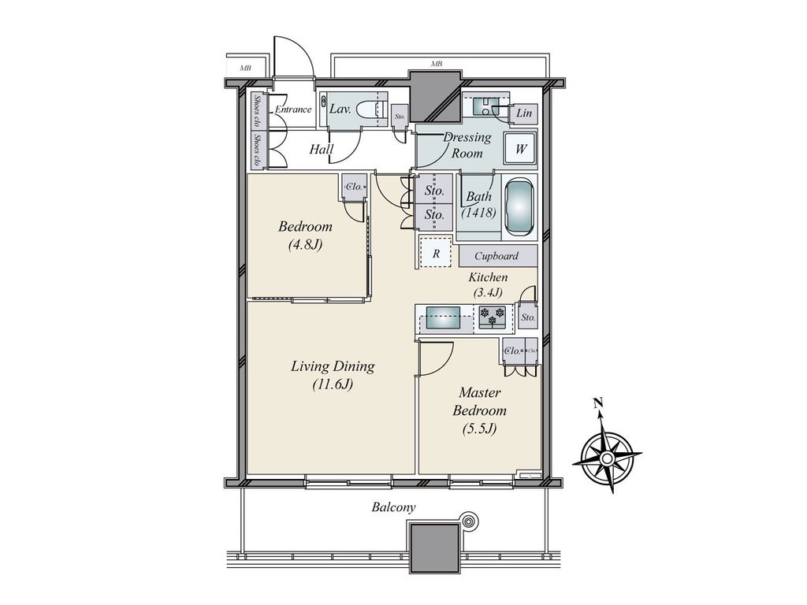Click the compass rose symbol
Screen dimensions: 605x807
[607, 455]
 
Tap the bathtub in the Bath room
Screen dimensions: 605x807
[518, 207]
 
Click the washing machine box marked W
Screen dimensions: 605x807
[521, 148]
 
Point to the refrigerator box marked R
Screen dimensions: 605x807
[436, 253]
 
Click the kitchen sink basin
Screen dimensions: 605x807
[444, 321]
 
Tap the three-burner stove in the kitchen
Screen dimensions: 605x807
[493, 317]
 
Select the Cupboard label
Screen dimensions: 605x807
[496, 256]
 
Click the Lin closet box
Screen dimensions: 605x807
[524, 114]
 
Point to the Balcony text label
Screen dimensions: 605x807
[393, 507]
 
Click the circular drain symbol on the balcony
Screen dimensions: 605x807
[470, 521]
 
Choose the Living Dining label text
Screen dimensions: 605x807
[332, 375]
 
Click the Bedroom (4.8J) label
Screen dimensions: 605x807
[305, 235]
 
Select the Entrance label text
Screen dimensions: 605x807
[292, 109]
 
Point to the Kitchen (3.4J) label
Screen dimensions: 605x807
[488, 285]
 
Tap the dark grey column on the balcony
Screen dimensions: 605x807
[433, 547]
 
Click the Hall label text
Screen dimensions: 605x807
[321, 149]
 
